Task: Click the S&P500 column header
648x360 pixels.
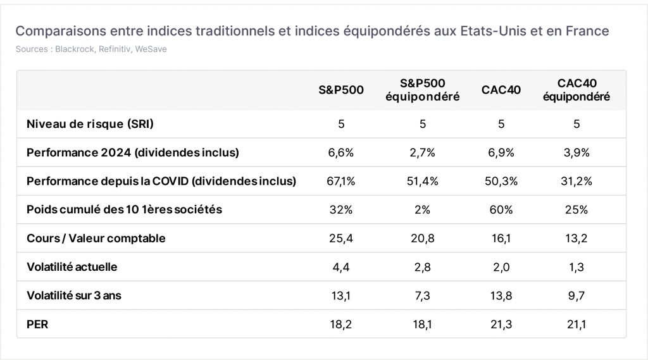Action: click(341, 90)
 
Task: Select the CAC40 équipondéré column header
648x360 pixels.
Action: click(576, 90)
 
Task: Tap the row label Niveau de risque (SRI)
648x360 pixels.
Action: click(90, 124)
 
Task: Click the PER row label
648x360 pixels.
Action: click(37, 325)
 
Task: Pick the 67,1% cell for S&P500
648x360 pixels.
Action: click(341, 181)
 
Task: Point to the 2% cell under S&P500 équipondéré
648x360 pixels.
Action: click(422, 210)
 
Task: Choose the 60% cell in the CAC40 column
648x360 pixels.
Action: click(501, 210)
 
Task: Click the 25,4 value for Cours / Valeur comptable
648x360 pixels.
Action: click(341, 239)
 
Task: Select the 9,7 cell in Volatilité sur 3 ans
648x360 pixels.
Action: click(576, 296)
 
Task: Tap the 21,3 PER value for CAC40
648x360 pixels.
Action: click(501, 325)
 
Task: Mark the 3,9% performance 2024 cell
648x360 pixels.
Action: click(576, 153)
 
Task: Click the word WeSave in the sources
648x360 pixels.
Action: click(151, 49)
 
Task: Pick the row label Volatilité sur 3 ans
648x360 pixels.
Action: click(74, 296)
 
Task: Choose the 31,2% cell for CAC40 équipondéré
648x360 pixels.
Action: click(576, 181)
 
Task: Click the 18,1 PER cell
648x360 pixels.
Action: click(422, 325)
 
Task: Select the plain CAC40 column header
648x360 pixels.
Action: click(501, 90)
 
